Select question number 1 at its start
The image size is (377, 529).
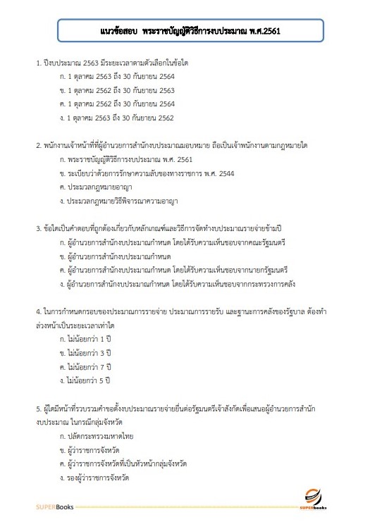point(39,64)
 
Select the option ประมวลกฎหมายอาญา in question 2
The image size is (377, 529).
point(97,187)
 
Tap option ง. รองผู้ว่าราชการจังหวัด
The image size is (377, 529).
point(99,478)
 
